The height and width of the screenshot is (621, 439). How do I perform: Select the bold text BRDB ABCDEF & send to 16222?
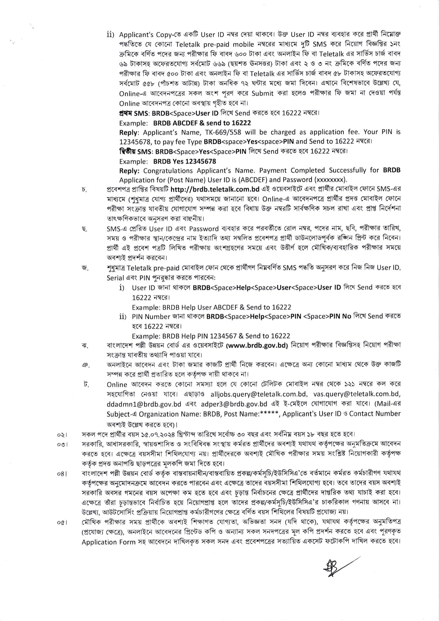tap(202, 122)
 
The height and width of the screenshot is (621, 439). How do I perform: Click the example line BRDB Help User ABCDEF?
tap(200, 307)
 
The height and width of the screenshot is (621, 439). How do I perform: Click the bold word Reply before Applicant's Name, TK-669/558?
tap(128, 132)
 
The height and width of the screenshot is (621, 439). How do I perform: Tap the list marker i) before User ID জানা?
tap(122, 288)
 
